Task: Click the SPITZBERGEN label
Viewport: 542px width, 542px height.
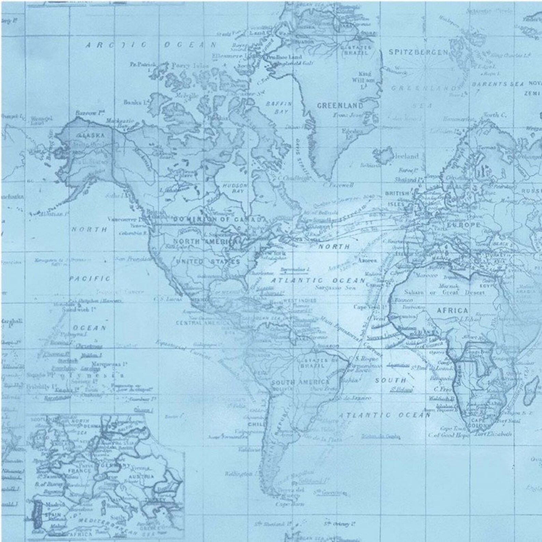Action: [418, 52]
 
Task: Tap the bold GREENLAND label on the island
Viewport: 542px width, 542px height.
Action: [340, 105]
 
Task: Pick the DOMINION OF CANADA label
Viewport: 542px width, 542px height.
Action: [218, 219]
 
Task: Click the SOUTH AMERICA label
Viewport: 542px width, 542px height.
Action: [300, 382]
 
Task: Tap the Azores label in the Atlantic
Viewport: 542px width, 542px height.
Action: [368, 260]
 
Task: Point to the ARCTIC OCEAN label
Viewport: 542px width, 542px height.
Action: [150, 45]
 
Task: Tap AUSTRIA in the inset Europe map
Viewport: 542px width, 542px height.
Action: [141, 476]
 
